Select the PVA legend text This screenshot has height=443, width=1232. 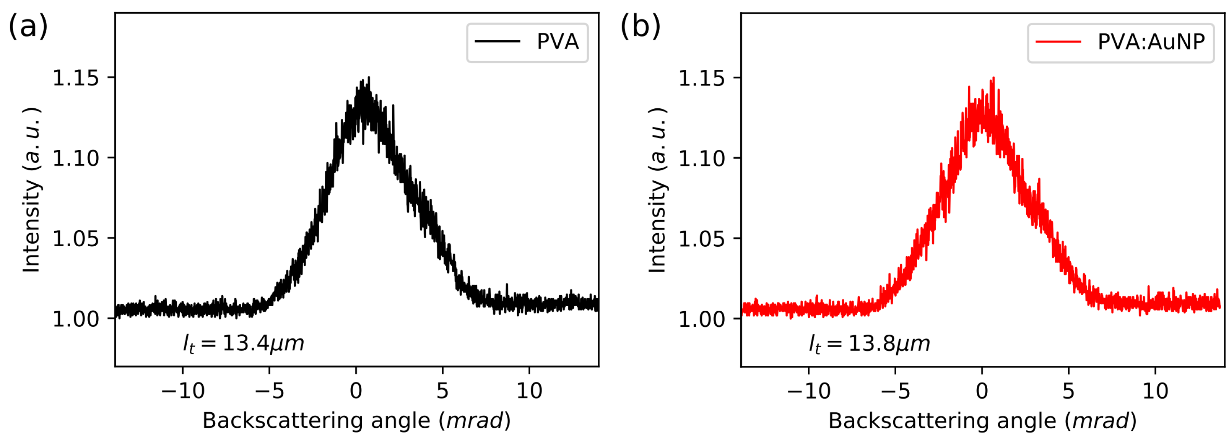[x=557, y=42]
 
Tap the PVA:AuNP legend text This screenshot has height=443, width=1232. [x=1151, y=42]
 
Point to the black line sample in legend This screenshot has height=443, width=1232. [x=497, y=42]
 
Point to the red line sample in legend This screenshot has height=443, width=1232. [x=1058, y=42]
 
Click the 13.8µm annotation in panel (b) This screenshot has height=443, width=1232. [x=869, y=343]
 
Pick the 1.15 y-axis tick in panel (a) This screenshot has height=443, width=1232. [x=75, y=78]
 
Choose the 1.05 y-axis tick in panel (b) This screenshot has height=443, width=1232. [x=702, y=239]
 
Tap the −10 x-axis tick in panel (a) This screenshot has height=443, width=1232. [x=183, y=391]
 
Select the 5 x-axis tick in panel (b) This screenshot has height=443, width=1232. [x=1068, y=391]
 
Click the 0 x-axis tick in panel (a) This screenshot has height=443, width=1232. [x=356, y=391]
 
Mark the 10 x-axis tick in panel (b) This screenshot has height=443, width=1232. [x=1155, y=391]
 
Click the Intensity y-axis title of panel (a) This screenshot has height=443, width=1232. [x=32, y=190]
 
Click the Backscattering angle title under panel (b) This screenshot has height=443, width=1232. [x=982, y=420]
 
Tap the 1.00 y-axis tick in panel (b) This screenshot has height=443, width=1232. [x=702, y=319]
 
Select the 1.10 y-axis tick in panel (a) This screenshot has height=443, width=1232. [x=75, y=158]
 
